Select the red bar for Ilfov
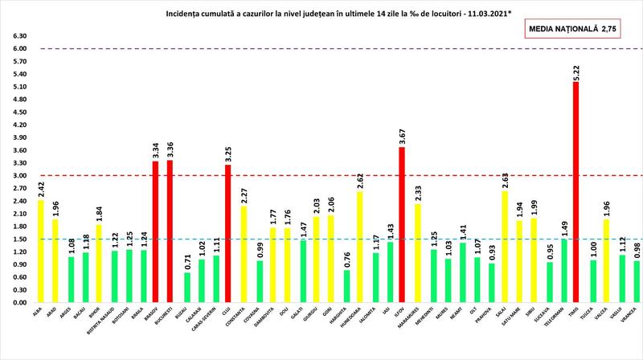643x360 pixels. [401, 225]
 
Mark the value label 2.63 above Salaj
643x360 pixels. [503, 180]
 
